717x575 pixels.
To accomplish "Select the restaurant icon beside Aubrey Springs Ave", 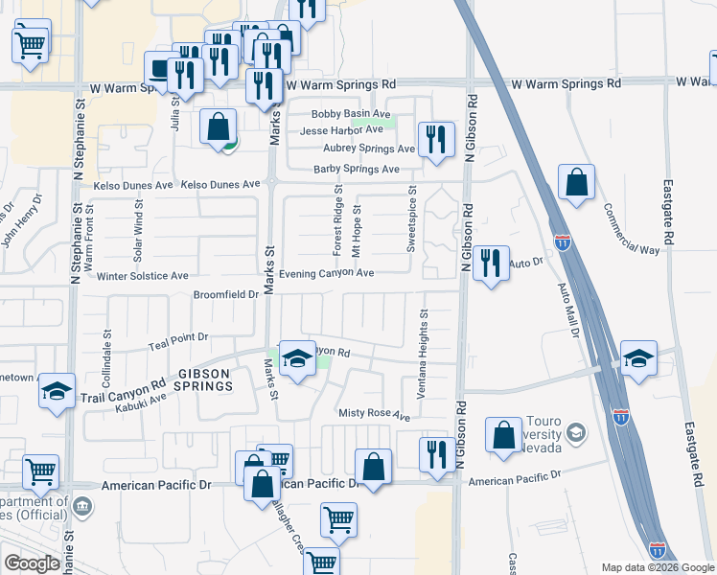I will [x=437, y=138].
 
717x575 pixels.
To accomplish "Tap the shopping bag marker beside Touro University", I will [x=504, y=436].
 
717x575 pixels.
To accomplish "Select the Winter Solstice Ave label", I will [x=143, y=276].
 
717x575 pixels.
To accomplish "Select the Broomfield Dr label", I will [x=227, y=295].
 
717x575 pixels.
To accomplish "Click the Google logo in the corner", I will [x=32, y=563].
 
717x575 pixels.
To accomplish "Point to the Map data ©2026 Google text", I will [x=657, y=566].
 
